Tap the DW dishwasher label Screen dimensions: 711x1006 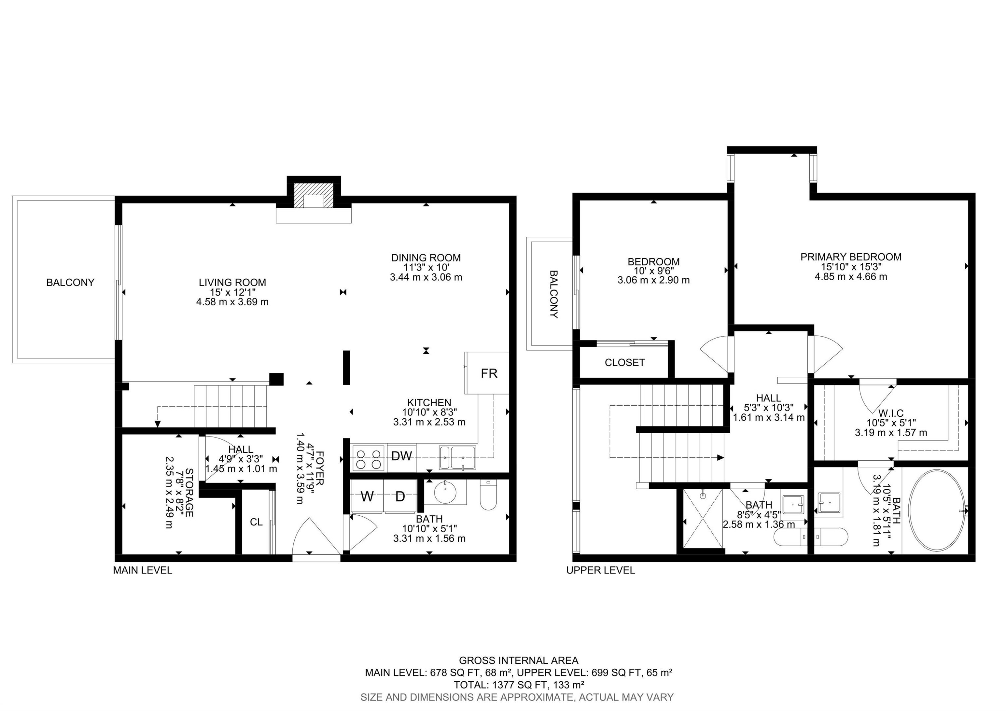[401, 456]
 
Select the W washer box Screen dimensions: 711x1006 [367, 497]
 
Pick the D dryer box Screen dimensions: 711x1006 [400, 497]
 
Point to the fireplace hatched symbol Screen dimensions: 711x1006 [313, 195]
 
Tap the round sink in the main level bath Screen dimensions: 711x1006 [446, 492]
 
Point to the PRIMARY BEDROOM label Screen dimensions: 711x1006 [850, 257]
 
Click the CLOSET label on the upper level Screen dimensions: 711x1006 [624, 362]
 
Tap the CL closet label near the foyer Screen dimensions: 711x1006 [256, 522]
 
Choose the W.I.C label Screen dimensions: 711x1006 [891, 413]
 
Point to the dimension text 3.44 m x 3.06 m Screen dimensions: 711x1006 [426, 277]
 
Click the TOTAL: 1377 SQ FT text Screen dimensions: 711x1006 [518, 685]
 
